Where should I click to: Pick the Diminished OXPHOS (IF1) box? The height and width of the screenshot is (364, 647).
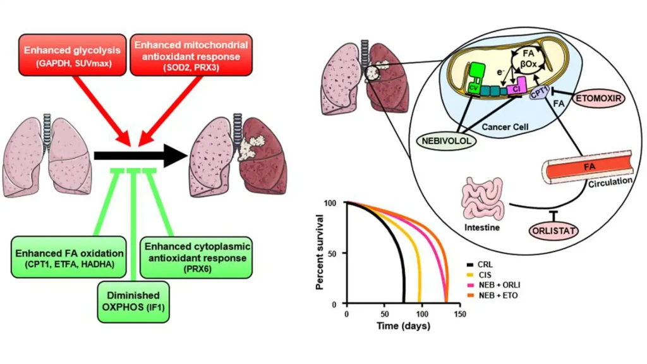pyautogui.click(x=133, y=301)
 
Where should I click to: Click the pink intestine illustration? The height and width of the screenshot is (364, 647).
pyautogui.click(x=483, y=200)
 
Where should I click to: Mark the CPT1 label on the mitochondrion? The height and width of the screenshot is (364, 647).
pyautogui.click(x=540, y=93)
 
